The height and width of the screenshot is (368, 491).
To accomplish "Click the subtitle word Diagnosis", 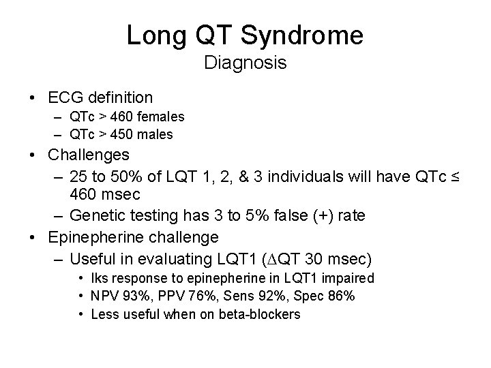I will pyautogui.click(x=245, y=64).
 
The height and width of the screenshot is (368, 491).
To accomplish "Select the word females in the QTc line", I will pyautogui.click(x=161, y=117).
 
